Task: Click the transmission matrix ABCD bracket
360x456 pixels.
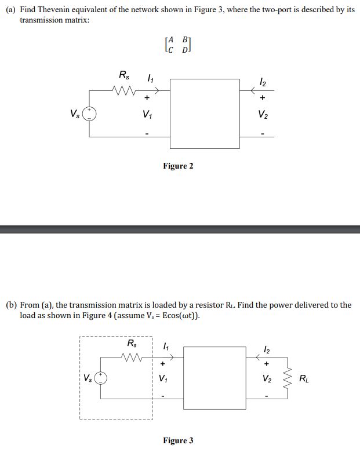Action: (177, 44)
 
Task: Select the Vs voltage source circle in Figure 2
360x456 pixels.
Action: (89, 113)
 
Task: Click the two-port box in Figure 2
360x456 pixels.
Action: (205, 114)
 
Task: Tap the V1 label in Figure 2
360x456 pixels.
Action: (147, 114)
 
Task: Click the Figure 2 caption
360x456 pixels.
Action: (178, 166)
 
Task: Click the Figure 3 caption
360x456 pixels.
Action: (178, 441)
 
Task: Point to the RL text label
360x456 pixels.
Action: (304, 380)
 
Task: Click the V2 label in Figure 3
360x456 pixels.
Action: (267, 380)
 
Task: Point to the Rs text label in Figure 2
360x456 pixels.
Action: (124, 75)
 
